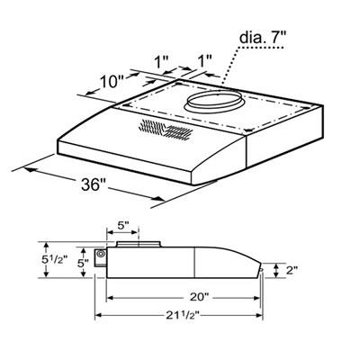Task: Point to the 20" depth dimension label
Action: click(199, 296)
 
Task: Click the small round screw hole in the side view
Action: click(102, 256)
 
